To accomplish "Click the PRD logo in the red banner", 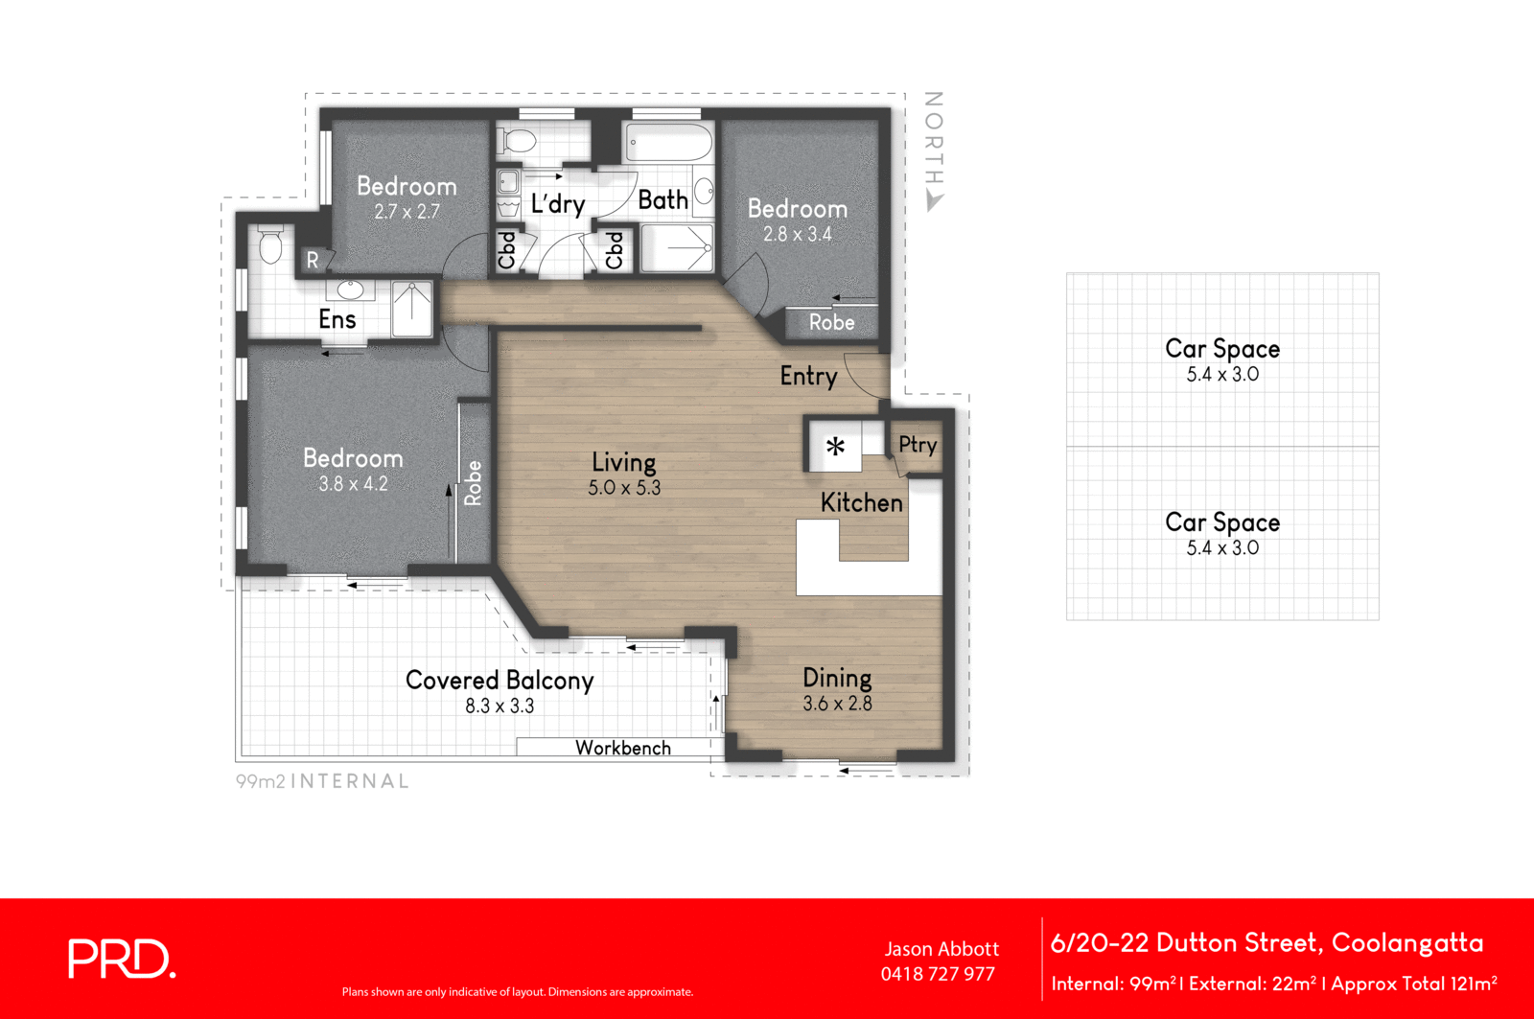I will coord(122,959).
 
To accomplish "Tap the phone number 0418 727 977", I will coord(938,974).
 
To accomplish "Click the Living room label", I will coord(624,462).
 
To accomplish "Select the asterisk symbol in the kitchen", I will coord(835,447).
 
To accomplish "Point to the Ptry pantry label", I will coord(918,444).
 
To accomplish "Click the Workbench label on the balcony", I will coord(623,748).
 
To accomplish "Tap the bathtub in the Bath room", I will coord(668,143).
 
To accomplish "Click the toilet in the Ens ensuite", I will coord(270,245).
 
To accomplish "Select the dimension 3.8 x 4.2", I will coord(353,484).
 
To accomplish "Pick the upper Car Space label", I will coord(1222,349).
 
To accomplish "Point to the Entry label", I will coord(808,376).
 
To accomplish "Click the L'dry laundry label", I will coord(558,203).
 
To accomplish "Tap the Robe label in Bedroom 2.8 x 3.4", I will coord(831,322).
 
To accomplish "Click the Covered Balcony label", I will coord(500,681).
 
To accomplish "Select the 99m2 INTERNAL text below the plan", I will coord(322,781).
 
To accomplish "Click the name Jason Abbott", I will coord(941,949).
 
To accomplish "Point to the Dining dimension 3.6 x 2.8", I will coord(837,704).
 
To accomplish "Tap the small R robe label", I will coord(313,260).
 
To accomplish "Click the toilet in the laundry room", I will coord(519,141).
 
